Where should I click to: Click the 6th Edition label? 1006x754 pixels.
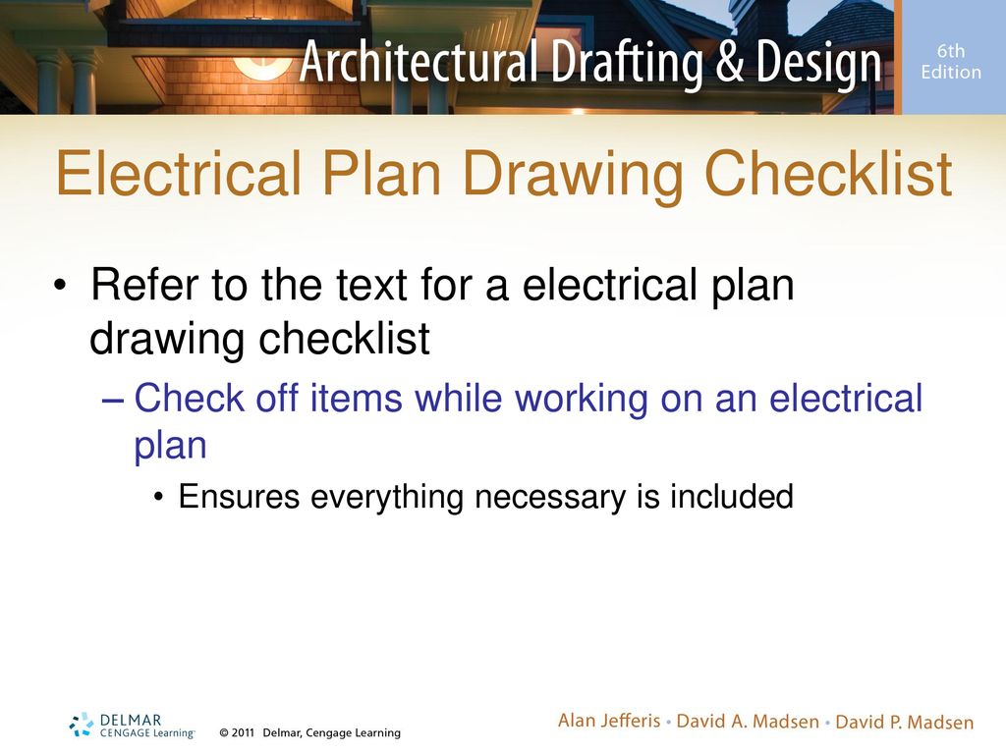tap(950, 62)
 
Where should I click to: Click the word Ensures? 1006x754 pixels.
tap(240, 498)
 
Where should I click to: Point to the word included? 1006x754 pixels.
tap(731, 498)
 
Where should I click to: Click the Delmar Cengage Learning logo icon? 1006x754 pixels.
tap(82, 726)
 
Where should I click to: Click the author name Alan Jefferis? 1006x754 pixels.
tap(609, 721)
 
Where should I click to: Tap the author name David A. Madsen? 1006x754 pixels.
tap(748, 722)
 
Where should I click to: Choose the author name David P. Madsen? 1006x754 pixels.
tap(904, 723)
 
